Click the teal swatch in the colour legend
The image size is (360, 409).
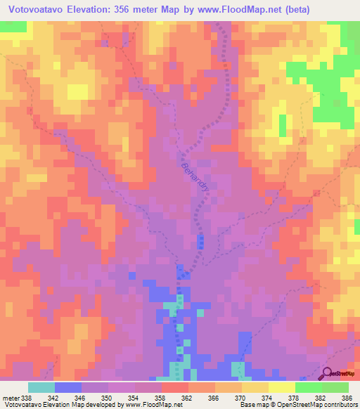[41, 387]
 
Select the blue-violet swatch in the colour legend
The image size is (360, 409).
[67, 387]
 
